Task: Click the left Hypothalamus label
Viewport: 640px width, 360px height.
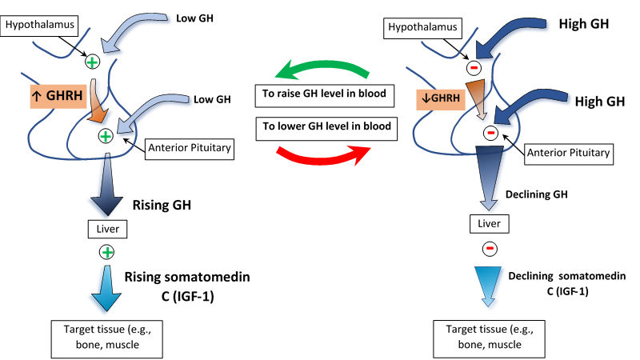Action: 40,24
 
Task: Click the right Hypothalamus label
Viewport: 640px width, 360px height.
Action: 422,27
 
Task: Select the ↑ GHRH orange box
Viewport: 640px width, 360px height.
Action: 58,98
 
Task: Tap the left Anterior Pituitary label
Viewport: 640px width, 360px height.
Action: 190,147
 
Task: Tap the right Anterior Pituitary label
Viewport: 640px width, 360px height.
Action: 569,152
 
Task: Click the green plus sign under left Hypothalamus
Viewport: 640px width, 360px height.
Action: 92,62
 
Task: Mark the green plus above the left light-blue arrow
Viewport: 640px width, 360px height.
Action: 107,252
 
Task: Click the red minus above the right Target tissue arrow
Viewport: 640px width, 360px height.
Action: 490,248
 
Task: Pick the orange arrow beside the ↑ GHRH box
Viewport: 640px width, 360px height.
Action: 98,101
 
